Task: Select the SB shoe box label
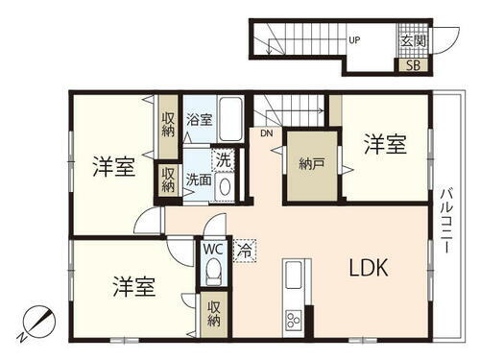pos(413,65)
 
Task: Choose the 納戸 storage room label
pos(312,162)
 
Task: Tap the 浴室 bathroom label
pos(200,121)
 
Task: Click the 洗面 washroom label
pos(199,179)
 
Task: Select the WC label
pos(214,249)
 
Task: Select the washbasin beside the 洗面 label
pos(225,186)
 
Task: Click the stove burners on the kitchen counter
pos(293,321)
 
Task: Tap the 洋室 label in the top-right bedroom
pos(385,146)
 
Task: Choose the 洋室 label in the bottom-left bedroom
pos(133,286)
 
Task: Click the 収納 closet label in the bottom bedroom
pos(213,316)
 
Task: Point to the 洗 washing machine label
pos(223,160)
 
